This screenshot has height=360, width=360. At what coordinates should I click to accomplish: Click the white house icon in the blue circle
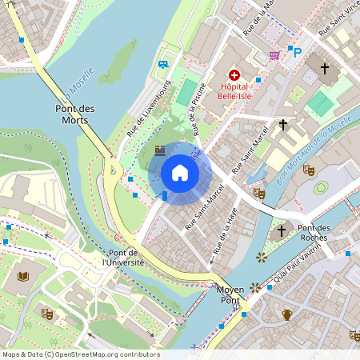[x=180, y=173]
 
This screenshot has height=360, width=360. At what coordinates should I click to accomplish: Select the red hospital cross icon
[x=234, y=74]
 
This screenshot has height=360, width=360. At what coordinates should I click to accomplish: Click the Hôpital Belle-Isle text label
[x=234, y=91]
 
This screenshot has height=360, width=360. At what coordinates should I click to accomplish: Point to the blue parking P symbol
[x=297, y=53]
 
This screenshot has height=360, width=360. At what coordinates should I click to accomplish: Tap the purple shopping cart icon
[x=274, y=55]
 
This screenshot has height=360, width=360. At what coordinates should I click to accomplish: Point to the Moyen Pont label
[x=230, y=295]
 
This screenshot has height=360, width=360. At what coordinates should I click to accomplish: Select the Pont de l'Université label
[x=122, y=257]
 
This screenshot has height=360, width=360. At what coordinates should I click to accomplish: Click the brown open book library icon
[x=23, y=276]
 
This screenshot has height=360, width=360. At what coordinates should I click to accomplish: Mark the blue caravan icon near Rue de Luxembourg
[x=163, y=64]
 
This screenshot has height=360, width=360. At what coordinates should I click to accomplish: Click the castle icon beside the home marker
[x=159, y=150]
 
